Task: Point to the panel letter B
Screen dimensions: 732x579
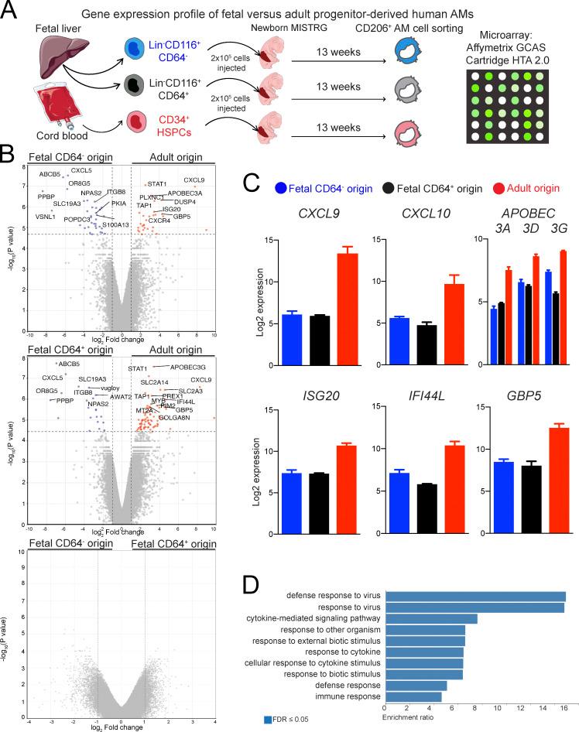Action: [x=10, y=156]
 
